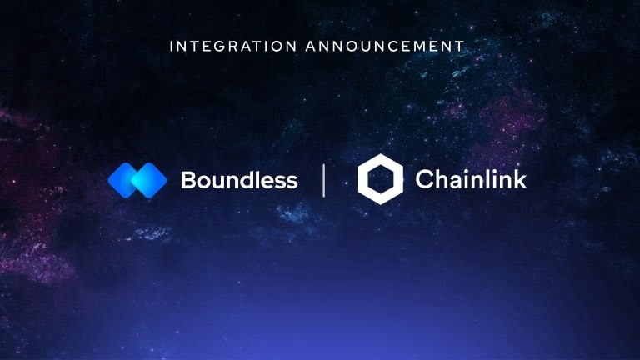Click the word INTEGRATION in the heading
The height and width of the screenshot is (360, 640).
pyautogui.click(x=233, y=46)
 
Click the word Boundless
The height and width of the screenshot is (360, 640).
pyautogui.click(x=238, y=180)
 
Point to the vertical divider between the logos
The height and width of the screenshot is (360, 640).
pyautogui.click(x=324, y=180)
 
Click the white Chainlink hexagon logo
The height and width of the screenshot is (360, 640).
pyautogui.click(x=380, y=179)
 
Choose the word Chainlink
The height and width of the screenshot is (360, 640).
pyautogui.click(x=471, y=179)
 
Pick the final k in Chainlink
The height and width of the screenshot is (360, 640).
pyautogui.click(x=520, y=179)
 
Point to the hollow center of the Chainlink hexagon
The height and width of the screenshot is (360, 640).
pyautogui.click(x=380, y=179)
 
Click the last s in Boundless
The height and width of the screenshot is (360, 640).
pyautogui.click(x=291, y=181)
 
